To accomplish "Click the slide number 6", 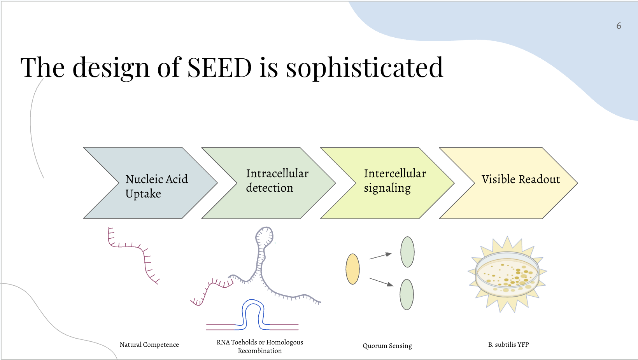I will click(x=619, y=26).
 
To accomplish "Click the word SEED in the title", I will click(x=219, y=68).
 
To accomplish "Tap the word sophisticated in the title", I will click(x=365, y=68).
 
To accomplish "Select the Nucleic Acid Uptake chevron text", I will click(x=156, y=186).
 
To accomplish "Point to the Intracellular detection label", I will click(x=277, y=180).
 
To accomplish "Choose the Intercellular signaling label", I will click(x=395, y=180).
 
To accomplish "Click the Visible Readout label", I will click(x=521, y=179).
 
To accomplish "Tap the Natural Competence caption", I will click(x=149, y=344).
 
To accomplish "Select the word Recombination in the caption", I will click(x=260, y=351).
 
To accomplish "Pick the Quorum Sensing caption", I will click(x=387, y=346).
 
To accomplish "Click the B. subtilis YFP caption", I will click(x=508, y=344).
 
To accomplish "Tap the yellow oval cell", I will click(x=352, y=269).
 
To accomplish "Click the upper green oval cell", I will click(x=407, y=252).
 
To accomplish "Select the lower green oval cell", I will click(x=407, y=294).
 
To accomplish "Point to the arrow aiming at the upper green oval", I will click(x=380, y=256).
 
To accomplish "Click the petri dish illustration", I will click(x=507, y=274).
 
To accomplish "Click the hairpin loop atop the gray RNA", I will click(x=265, y=236).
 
